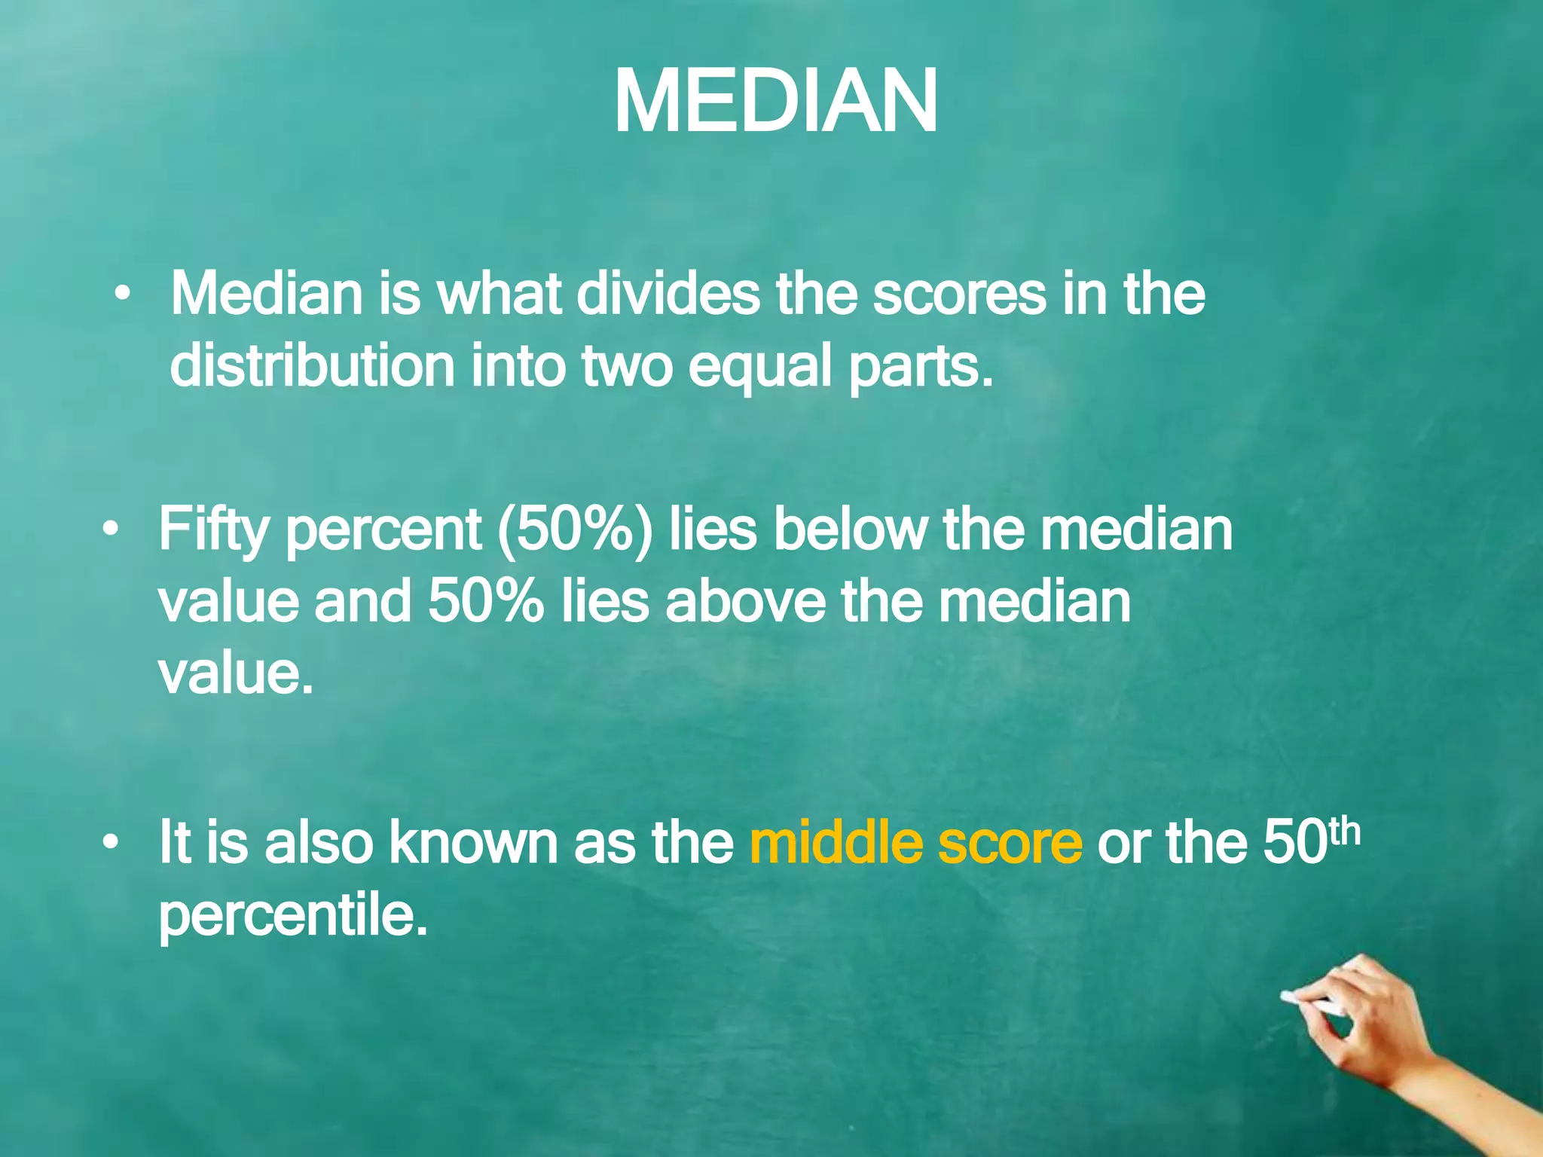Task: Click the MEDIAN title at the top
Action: coord(775,102)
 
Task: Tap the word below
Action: coord(849,529)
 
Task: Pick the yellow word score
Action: coord(1010,844)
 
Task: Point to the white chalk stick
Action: coord(1311,1003)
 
